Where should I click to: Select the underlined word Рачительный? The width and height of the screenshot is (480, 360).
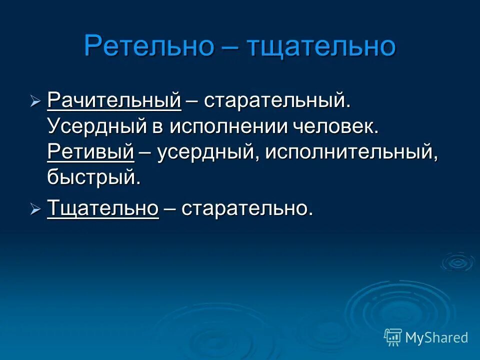pos(114,101)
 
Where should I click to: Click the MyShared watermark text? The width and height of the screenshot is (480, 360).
pos(436,337)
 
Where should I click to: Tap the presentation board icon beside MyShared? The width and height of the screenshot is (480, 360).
pos(393,337)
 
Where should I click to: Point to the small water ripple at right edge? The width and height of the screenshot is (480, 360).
pos(457,261)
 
